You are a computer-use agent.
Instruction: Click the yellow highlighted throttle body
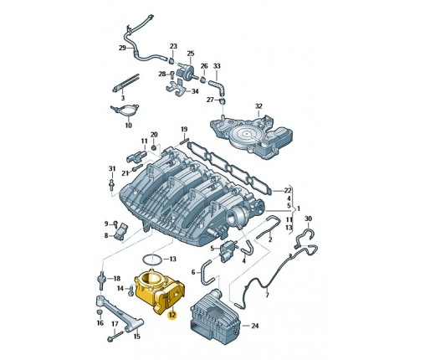(x=159, y=291)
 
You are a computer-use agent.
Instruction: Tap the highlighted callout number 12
(x=172, y=315)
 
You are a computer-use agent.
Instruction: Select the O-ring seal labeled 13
(x=151, y=260)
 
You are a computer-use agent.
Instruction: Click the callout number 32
(x=259, y=106)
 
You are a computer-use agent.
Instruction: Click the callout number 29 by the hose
(x=122, y=48)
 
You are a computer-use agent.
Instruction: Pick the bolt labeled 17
(x=115, y=337)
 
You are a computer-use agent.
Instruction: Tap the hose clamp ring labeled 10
(x=125, y=111)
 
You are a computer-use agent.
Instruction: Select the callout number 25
(x=191, y=53)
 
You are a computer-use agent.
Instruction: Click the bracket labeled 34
(x=177, y=89)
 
